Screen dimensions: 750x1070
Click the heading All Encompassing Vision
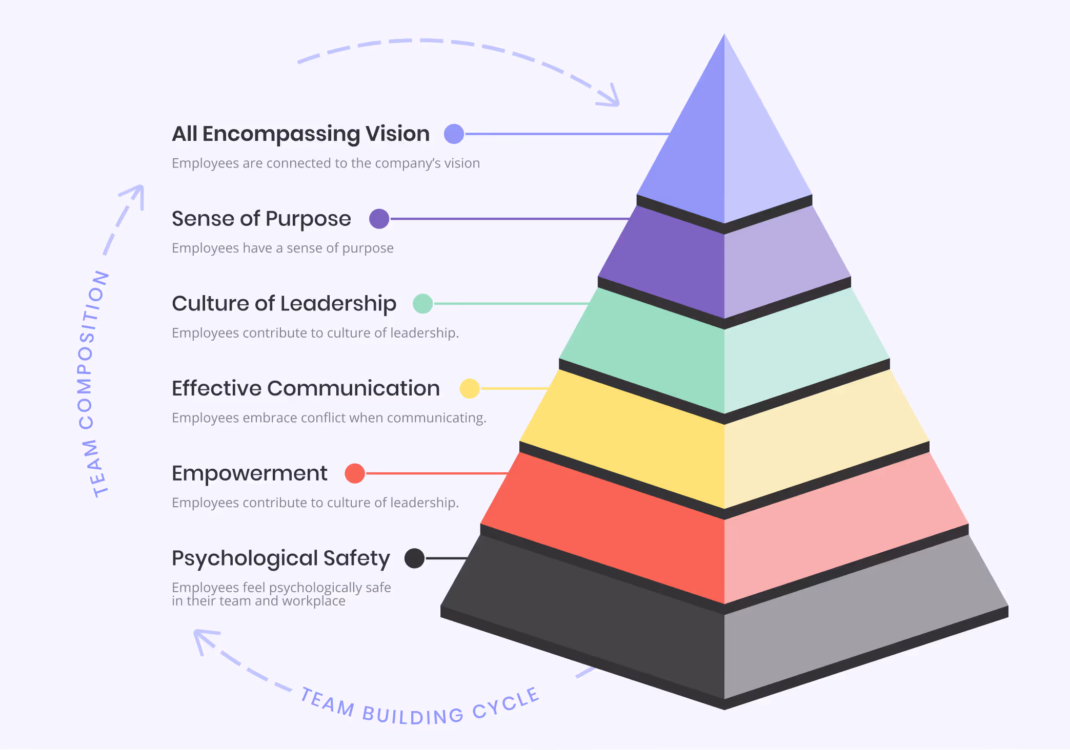(300, 134)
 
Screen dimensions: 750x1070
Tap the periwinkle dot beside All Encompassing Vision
(454, 134)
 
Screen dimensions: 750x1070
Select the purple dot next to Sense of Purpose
(379, 219)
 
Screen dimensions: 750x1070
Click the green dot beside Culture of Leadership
(422, 304)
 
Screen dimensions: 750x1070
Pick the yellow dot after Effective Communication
(469, 388)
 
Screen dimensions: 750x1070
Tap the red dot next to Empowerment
(354, 473)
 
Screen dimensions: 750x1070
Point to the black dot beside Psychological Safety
(414, 558)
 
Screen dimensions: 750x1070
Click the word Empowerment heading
(249, 473)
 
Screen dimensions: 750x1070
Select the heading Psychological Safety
(280, 558)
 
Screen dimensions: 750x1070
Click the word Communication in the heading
(353, 388)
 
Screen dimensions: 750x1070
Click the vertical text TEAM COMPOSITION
(91, 384)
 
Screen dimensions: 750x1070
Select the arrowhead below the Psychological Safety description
(203, 638)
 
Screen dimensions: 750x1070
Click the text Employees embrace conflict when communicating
(329, 418)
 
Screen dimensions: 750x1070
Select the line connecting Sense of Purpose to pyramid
(508, 219)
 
